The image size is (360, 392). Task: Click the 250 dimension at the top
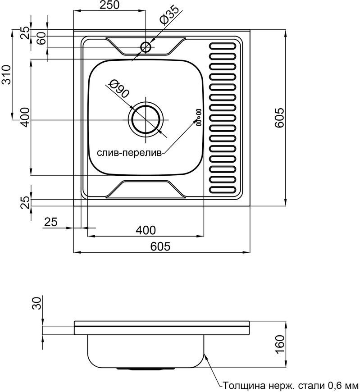coord(109,5)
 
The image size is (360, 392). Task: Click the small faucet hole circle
coord(146,47)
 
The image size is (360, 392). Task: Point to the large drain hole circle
coord(146,119)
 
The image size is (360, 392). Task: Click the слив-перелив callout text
coord(129,153)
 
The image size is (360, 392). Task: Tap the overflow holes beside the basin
coord(199,117)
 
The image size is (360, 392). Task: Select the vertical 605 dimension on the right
coord(279,118)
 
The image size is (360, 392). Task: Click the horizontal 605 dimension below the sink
coord(160,246)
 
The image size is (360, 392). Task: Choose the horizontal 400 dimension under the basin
coord(146,230)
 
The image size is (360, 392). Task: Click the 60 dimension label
coord(42,38)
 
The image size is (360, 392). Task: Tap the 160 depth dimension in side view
coord(280,344)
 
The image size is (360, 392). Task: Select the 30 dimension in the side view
coord(37,303)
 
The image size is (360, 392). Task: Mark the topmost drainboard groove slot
coord(222,46)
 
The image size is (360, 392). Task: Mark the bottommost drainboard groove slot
coord(222,190)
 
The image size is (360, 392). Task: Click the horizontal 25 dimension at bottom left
coord(51,222)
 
